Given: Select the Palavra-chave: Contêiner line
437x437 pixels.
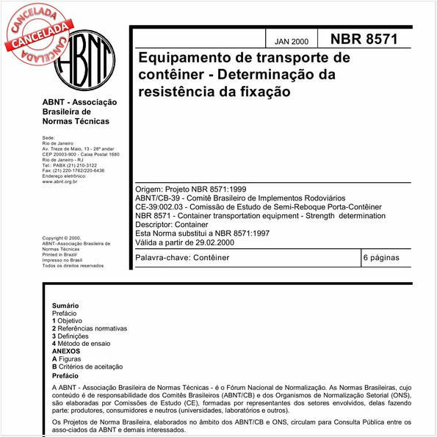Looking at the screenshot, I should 184,259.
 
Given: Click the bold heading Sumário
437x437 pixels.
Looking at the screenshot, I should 65,305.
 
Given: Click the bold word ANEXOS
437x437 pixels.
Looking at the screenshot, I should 66,351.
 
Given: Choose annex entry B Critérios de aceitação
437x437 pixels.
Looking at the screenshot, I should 87,366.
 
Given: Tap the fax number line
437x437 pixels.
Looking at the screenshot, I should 73,170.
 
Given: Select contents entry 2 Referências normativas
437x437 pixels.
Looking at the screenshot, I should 90,328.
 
